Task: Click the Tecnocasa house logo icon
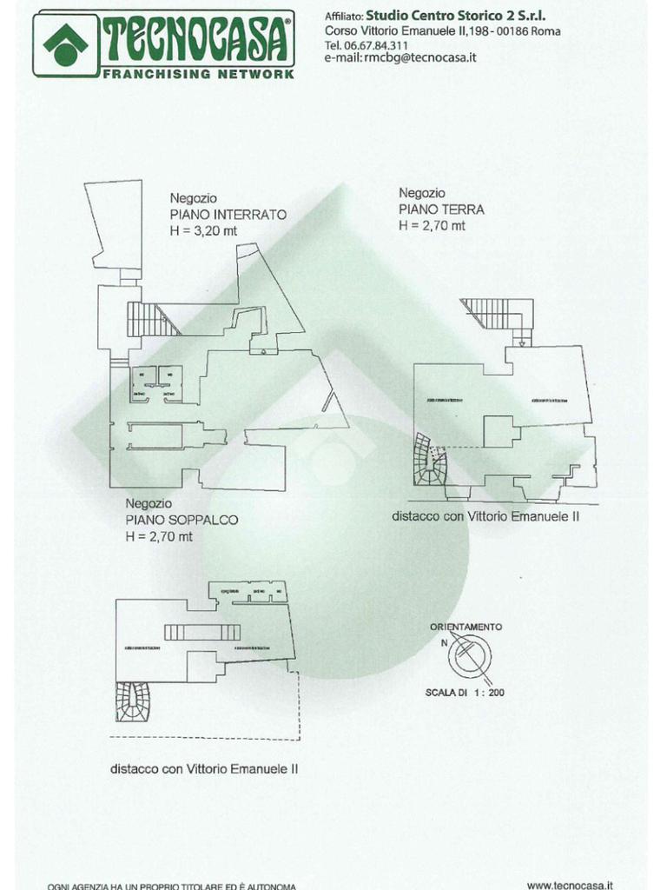point(65,43)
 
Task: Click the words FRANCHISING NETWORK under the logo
point(199,74)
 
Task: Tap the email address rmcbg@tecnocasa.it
point(412,57)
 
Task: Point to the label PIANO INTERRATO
point(228,214)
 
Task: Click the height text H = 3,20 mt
point(203,230)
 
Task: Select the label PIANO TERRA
point(441,209)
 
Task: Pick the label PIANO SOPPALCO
point(182,520)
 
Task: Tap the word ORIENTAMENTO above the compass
point(466,627)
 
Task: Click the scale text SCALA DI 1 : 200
point(465,693)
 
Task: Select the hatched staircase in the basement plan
point(152,318)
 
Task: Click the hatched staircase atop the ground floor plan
point(498,313)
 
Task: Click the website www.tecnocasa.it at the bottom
point(571,885)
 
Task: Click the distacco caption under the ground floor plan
point(485,515)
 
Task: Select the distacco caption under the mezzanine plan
point(204,768)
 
